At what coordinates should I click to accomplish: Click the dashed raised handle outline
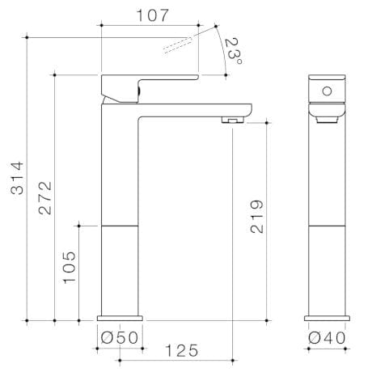[x=180, y=45]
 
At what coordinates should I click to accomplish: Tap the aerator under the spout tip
[x=233, y=120]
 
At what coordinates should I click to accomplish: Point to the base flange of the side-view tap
[x=120, y=317]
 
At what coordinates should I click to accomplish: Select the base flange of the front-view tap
[x=328, y=317]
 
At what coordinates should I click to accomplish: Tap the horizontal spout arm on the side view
[x=194, y=108]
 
